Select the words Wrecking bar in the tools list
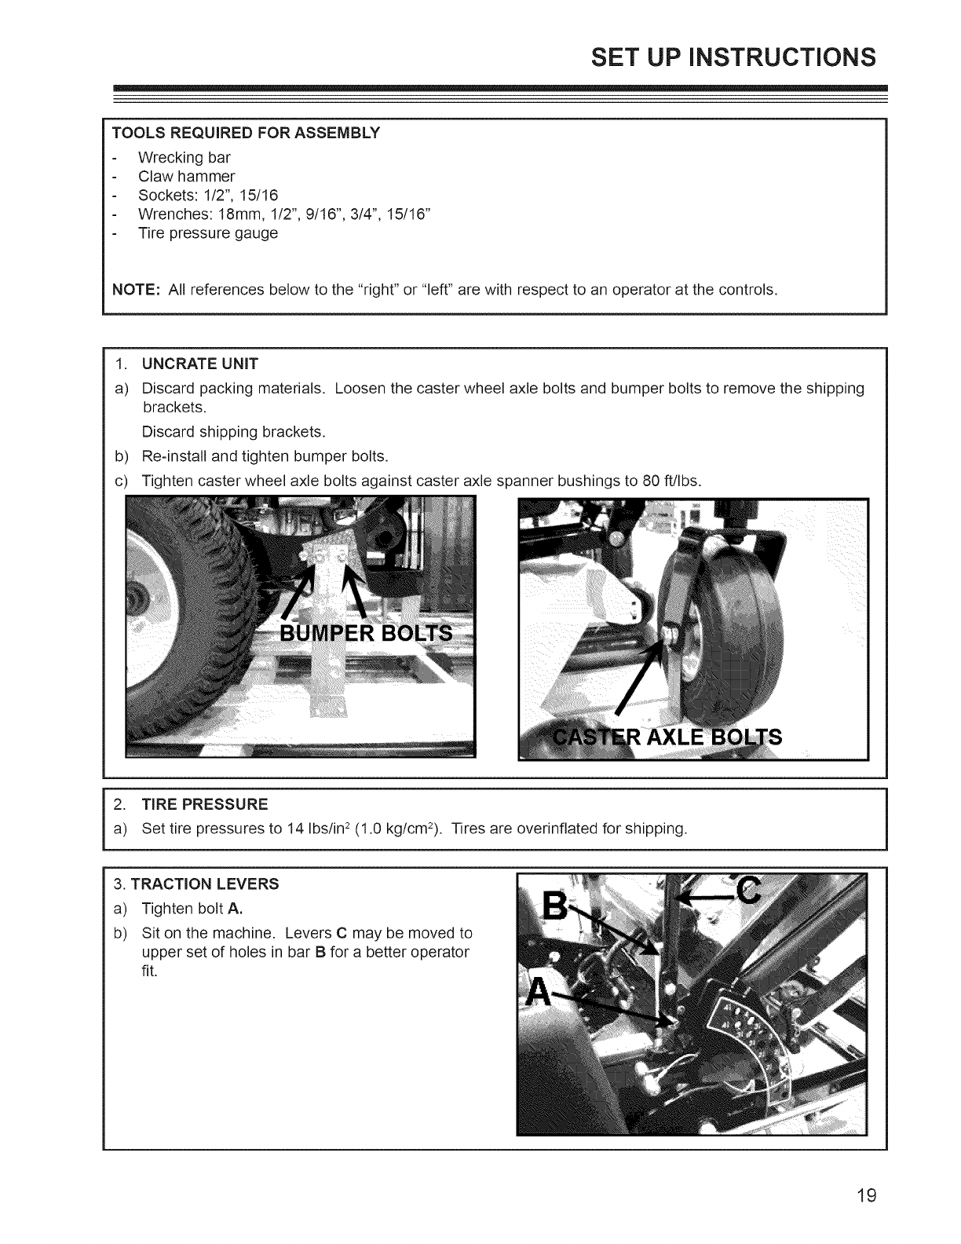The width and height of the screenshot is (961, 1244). [x=184, y=157]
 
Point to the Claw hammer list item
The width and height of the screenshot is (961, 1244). [x=186, y=176]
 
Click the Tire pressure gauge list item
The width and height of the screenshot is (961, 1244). [x=207, y=233]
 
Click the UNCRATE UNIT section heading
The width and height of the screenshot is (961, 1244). [x=199, y=364]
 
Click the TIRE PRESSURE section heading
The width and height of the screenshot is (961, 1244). [x=204, y=804]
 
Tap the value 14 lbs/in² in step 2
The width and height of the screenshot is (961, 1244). [x=299, y=829]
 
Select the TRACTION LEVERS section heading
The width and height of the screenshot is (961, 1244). [x=204, y=884]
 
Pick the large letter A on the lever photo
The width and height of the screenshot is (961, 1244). [x=539, y=993]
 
